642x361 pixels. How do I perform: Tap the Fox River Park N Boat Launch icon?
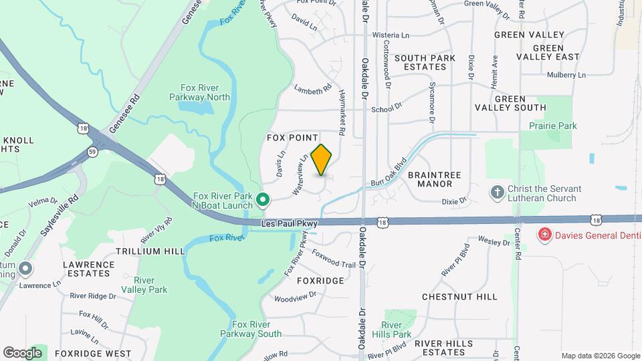pos(263,199)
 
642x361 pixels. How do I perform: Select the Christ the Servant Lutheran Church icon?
pos(497,193)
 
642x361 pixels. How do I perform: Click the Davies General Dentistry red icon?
pos(545,235)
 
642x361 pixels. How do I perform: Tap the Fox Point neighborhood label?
pos(292,137)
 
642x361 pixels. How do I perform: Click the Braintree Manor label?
pos(439,178)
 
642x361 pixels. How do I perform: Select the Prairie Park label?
pos(552,126)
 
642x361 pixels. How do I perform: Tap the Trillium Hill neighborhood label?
pos(149,251)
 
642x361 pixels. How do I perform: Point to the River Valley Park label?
pos(150,285)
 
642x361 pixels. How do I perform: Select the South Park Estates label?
pos(425,62)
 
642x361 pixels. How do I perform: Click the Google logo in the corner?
pos(22,352)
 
